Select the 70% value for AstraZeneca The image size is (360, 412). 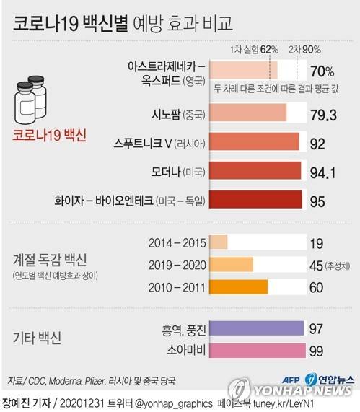[322, 72]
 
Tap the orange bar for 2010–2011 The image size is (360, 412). [238, 287]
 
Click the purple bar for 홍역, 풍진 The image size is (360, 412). [257, 328]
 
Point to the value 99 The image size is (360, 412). [317, 351]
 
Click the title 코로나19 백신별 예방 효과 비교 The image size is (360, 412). [123, 24]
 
